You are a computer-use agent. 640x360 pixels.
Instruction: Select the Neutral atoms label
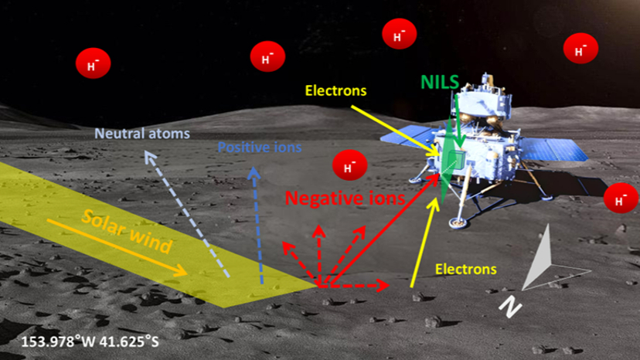click(142, 134)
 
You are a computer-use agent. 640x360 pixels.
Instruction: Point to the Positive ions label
click(260, 146)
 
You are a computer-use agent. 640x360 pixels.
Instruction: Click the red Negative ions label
click(345, 199)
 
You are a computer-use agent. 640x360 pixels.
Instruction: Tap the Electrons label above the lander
click(335, 91)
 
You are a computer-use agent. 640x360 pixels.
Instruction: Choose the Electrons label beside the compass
click(465, 270)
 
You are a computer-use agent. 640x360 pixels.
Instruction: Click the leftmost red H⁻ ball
click(92, 63)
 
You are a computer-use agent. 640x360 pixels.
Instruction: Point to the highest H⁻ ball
click(399, 34)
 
